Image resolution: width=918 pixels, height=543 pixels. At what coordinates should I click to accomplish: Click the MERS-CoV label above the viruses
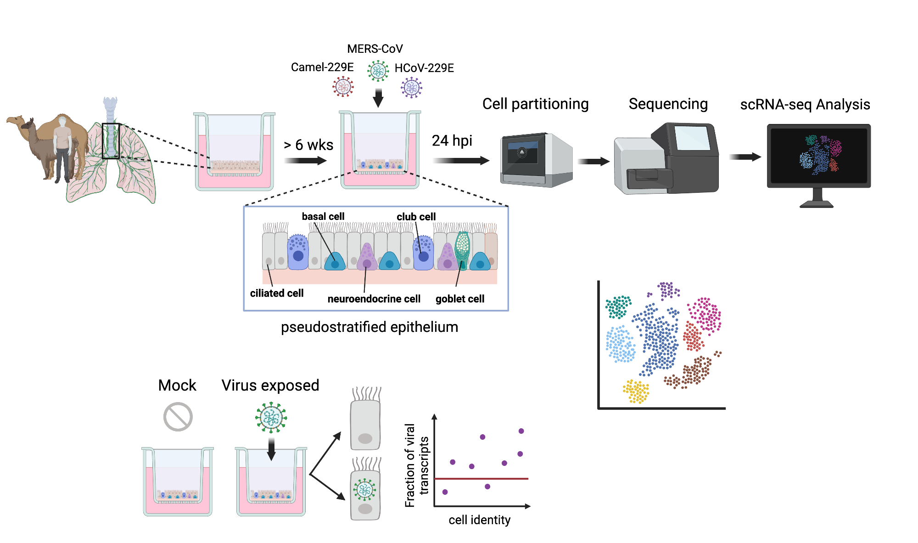coord(375,49)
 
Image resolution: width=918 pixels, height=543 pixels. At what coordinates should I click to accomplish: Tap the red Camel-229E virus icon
coord(343,86)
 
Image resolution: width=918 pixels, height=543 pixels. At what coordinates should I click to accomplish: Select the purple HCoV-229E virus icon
coord(411,87)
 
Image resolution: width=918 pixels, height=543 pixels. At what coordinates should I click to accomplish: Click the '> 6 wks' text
coord(308,145)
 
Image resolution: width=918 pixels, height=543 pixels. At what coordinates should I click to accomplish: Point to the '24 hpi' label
coord(452,140)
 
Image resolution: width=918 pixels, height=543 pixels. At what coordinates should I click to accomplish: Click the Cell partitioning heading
coord(535,104)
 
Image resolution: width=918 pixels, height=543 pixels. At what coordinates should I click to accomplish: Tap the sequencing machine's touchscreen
coord(692,137)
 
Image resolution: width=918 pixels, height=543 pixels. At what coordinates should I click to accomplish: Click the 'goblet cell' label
coord(459,299)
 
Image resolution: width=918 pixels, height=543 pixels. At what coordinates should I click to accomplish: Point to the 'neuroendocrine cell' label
coord(374,299)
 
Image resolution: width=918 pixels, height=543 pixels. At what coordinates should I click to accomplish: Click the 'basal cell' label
coord(323,216)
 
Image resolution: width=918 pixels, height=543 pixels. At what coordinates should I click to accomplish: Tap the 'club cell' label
coord(416,217)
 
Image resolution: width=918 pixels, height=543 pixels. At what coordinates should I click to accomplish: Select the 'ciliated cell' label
coord(276,293)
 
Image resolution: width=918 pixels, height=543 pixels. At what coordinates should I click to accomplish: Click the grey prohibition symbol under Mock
coord(178,417)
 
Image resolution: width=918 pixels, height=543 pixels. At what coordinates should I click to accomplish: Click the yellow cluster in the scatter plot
coord(636,392)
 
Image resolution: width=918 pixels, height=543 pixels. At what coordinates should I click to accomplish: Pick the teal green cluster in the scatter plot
coord(618,307)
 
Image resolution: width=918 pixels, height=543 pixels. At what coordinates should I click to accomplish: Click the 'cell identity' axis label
coord(479,520)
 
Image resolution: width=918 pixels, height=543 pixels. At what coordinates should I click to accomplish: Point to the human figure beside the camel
coord(62,147)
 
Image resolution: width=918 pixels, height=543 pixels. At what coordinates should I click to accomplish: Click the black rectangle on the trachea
coord(111,141)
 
